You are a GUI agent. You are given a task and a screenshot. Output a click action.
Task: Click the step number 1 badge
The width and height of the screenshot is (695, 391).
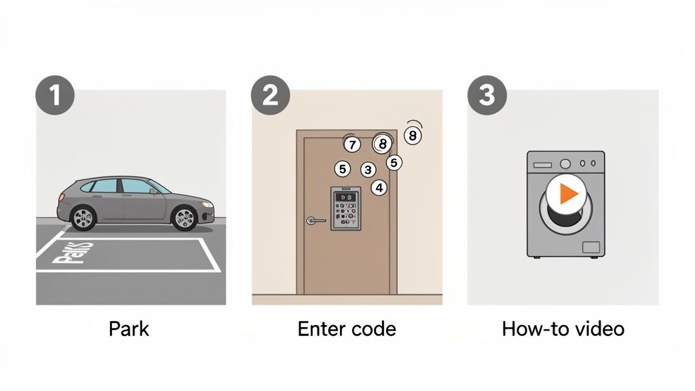(x=54, y=95)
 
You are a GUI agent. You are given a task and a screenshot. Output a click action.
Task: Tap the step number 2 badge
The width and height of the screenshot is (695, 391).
(x=270, y=95)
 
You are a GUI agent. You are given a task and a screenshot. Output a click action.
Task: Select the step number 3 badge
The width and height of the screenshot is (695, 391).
(x=487, y=95)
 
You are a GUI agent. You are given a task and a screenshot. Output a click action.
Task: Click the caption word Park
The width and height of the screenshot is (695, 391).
(x=129, y=329)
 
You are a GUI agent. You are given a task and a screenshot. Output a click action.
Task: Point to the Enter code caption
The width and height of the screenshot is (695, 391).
(x=347, y=329)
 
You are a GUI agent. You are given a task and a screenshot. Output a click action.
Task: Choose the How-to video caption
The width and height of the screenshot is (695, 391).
(x=563, y=329)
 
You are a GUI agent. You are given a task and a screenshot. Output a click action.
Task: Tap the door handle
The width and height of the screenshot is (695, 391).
(x=314, y=220)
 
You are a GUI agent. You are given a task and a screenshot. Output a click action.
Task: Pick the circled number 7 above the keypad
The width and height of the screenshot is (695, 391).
(x=351, y=144)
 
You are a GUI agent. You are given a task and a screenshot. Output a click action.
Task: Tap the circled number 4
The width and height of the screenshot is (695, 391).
(x=379, y=187)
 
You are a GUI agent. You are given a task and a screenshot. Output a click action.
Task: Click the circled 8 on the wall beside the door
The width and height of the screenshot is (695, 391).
(x=413, y=136)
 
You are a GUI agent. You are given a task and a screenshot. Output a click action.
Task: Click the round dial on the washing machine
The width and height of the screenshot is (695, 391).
(x=565, y=164)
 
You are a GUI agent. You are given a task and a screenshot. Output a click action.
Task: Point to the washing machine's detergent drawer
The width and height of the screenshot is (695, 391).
(x=542, y=164)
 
